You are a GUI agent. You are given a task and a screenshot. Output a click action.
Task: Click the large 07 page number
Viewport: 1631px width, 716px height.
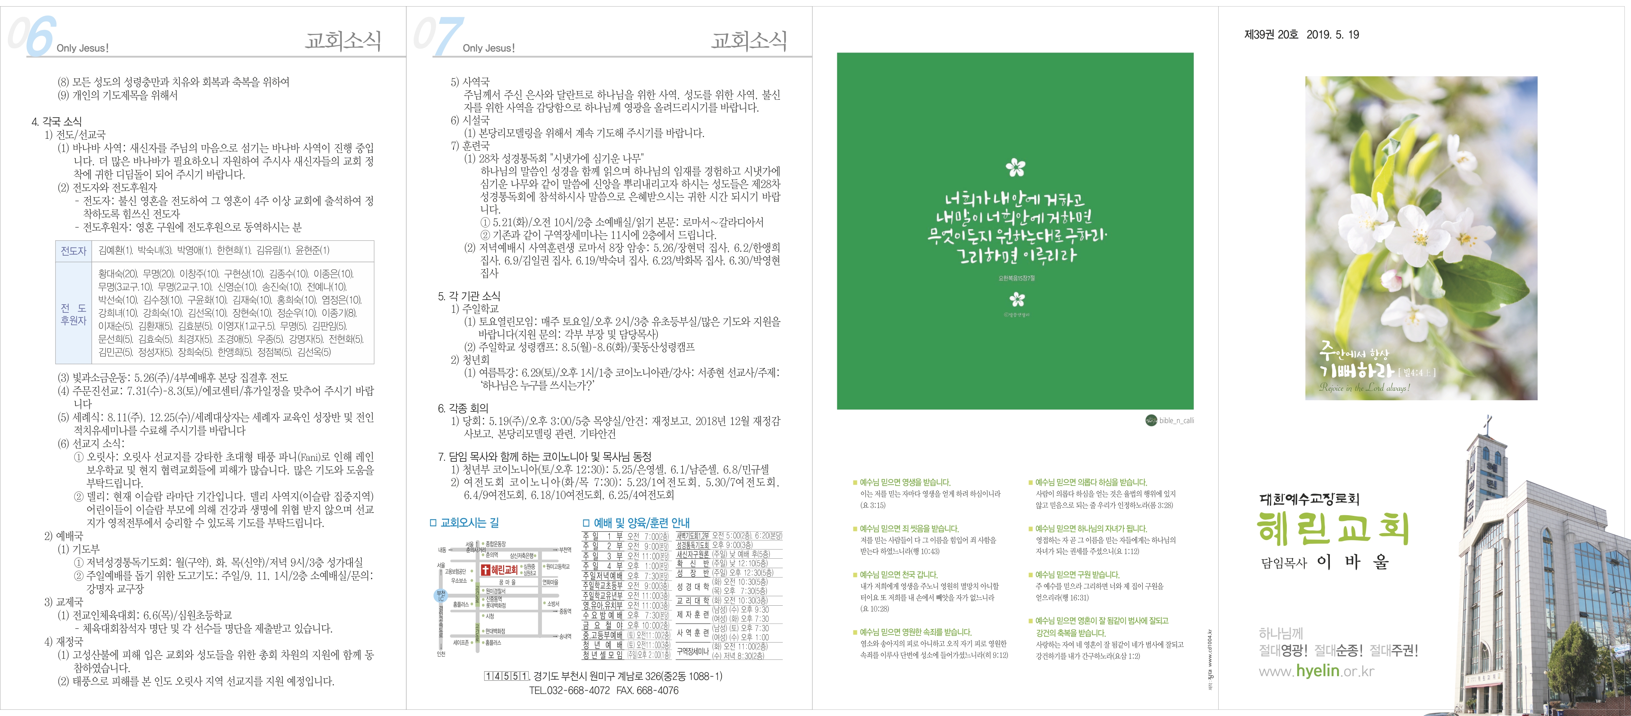(x=438, y=37)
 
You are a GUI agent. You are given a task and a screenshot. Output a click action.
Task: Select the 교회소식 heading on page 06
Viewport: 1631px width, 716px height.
(x=343, y=40)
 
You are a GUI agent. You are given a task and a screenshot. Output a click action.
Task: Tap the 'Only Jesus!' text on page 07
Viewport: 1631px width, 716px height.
(x=488, y=48)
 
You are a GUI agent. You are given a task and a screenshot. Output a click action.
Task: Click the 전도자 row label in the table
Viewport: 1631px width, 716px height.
(x=73, y=251)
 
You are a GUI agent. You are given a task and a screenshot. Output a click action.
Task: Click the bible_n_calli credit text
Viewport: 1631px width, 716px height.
(x=1176, y=421)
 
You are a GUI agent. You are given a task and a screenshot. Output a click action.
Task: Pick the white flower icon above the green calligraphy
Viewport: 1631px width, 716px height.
(x=1015, y=168)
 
